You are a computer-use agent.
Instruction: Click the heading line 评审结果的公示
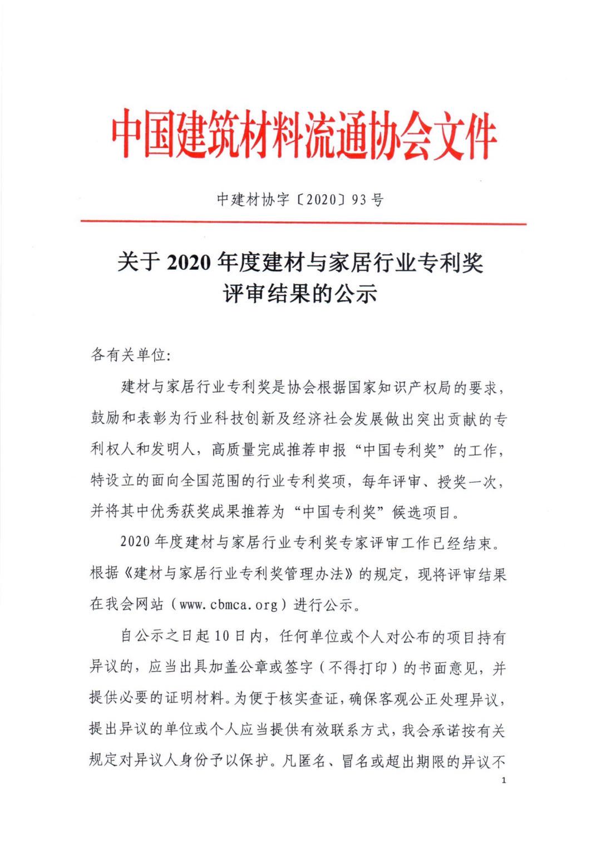(300, 293)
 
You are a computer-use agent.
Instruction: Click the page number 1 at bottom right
(504, 781)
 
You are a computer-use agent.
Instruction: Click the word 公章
(257, 667)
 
